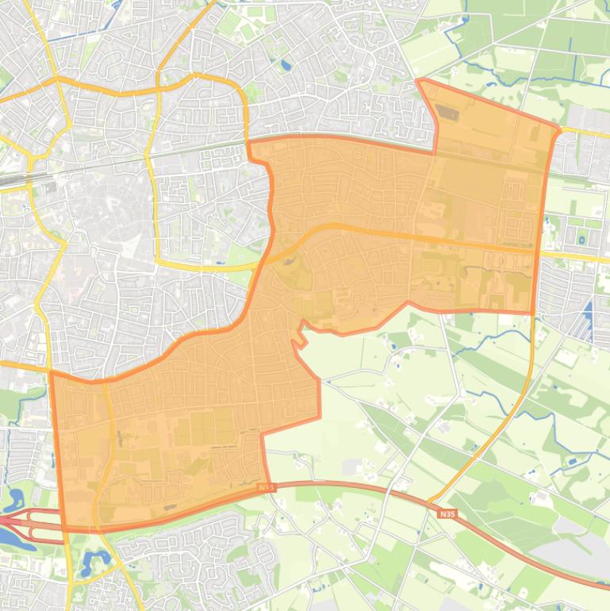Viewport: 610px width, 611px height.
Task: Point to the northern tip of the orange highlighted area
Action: pyautogui.click(x=419, y=81)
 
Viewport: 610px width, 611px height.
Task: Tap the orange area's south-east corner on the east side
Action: pyautogui.click(x=533, y=312)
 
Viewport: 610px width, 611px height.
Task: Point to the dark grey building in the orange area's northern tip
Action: pyautogui.click(x=449, y=113)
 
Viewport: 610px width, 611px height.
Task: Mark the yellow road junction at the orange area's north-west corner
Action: pyautogui.click(x=247, y=141)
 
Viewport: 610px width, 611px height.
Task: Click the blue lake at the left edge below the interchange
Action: pyautogui.click(x=10, y=540)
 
